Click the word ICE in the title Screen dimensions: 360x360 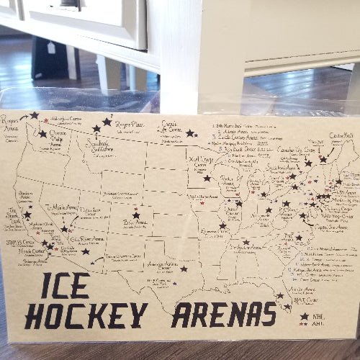coord(66,286)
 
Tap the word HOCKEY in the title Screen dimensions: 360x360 coord(86,315)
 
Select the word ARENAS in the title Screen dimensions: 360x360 coord(223,315)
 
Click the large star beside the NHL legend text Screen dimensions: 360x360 coord(305,316)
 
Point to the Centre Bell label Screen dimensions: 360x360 coord(341,136)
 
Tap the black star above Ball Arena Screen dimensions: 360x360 coord(136,215)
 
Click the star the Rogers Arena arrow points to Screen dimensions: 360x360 coord(34,115)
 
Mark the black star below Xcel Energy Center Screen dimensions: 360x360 coord(207,178)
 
